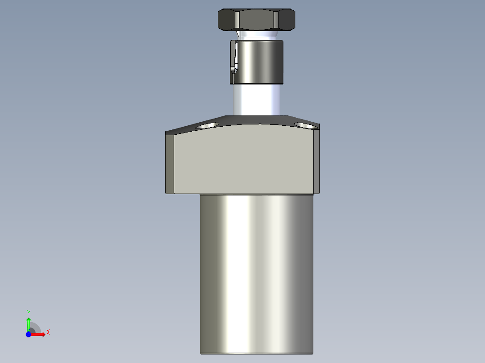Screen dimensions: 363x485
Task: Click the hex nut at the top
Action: click(x=256, y=20)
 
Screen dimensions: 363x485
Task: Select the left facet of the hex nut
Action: click(x=227, y=20)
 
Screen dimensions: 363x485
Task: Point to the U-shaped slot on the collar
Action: click(x=233, y=58)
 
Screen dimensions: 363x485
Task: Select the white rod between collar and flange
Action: click(x=256, y=99)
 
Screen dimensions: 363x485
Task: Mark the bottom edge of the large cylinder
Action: click(x=256, y=353)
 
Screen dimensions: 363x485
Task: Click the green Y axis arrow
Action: click(x=28, y=323)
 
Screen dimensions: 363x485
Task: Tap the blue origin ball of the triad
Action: click(x=28, y=334)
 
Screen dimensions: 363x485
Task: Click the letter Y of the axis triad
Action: click(x=28, y=312)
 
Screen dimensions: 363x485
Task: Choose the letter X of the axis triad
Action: click(x=48, y=332)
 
